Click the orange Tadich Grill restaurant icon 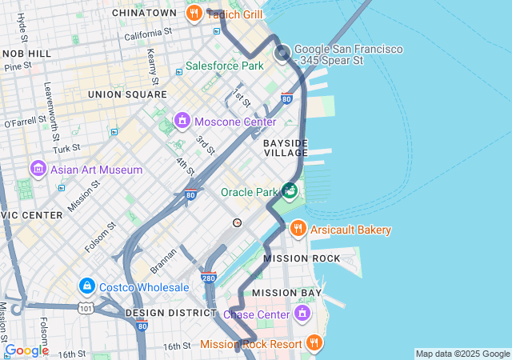[194, 13]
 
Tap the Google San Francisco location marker [282, 54]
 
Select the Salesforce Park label [224, 66]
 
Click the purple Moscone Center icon [182, 122]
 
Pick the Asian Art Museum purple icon [37, 170]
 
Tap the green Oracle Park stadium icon [290, 190]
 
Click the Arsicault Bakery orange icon [298, 230]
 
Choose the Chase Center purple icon [302, 313]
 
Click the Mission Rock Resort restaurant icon [314, 344]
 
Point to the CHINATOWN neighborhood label [144, 13]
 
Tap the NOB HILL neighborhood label [26, 53]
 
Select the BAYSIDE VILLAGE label [286, 147]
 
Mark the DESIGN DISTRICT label [166, 313]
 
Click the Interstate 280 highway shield [208, 278]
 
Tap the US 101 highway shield [85, 307]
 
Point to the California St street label [148, 34]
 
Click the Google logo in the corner [26, 350]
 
